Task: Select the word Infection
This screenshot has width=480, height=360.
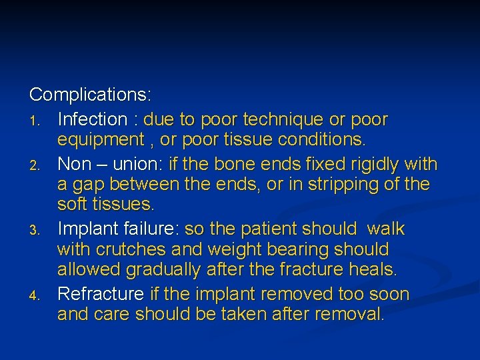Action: point(92,120)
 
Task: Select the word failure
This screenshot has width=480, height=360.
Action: point(151,229)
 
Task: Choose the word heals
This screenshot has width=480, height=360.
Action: point(374,271)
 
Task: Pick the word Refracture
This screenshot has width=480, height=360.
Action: point(101,294)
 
